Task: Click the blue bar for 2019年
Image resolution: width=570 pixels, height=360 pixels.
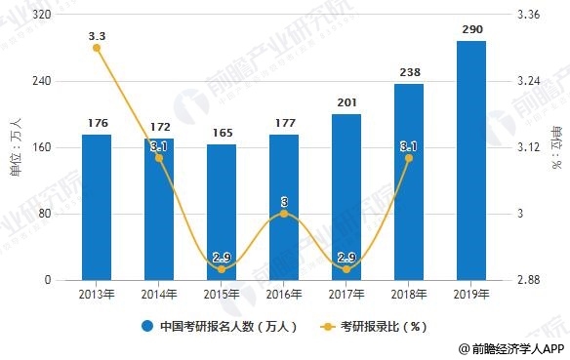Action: coord(471,161)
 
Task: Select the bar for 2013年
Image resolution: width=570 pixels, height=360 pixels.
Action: coord(96,207)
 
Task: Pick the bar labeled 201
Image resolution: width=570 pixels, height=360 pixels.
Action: coord(346,197)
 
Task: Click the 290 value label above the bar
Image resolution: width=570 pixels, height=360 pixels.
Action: coord(471,30)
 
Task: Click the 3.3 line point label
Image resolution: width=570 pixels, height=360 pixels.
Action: coord(97,36)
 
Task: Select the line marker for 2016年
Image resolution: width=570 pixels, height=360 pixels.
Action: coord(284,214)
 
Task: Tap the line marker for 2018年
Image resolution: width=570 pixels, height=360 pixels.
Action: coord(409,158)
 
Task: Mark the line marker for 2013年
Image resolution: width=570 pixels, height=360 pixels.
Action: coord(97,48)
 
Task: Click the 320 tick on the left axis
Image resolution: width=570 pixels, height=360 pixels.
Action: coord(43,16)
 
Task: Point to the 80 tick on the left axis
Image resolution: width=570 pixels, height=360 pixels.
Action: coord(46,215)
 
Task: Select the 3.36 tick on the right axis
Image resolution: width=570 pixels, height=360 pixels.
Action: coord(532,16)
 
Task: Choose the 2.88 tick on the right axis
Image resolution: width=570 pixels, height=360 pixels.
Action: coord(532,281)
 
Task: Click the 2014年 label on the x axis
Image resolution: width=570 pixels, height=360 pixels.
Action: coord(158,294)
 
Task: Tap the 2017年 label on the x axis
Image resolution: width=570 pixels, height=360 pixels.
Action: coord(346,294)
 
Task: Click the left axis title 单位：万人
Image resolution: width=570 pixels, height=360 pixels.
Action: coord(14,147)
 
